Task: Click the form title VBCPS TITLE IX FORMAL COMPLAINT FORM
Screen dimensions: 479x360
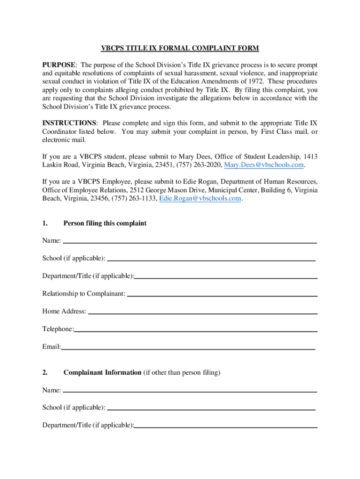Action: tap(180, 48)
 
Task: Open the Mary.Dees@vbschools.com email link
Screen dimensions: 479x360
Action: tap(265, 165)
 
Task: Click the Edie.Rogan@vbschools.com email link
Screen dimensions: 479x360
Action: tap(200, 198)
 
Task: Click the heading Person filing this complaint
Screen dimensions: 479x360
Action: tap(105, 224)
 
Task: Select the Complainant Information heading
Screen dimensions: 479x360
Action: tap(102, 373)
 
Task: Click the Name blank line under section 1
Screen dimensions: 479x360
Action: tap(189, 242)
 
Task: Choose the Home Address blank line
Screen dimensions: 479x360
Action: tap(202, 312)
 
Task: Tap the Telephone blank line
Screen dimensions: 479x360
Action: tap(195, 330)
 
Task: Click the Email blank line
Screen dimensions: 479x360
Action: tap(188, 348)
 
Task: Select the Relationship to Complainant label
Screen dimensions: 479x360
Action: tap(84, 294)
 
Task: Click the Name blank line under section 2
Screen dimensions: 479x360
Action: tap(189, 391)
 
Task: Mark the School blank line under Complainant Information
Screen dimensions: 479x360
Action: tap(211, 408)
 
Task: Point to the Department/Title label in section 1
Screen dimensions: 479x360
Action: tap(88, 276)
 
